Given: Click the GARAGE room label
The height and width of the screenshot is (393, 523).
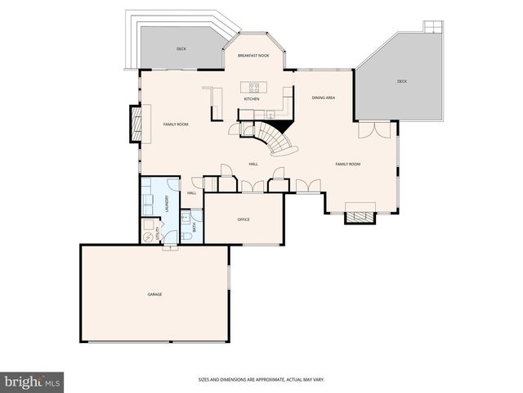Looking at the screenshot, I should [x=154, y=294].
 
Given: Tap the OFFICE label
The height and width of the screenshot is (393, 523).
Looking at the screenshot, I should [x=244, y=219].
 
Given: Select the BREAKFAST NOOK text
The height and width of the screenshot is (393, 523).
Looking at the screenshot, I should [x=253, y=56].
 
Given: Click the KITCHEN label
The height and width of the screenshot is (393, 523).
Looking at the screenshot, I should [x=252, y=99].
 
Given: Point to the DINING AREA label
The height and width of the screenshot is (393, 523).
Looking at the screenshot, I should [x=324, y=98].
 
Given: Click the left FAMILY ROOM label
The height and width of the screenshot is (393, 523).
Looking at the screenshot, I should [x=176, y=124].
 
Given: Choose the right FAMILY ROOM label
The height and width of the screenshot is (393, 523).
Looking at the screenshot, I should [x=348, y=165].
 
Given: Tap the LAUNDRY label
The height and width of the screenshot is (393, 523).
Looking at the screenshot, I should [x=168, y=203].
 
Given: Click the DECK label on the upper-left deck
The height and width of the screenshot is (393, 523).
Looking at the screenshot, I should [x=181, y=49].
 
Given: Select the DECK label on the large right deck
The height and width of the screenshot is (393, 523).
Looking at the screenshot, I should [x=402, y=81].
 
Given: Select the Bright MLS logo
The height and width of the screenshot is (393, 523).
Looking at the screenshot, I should [x=33, y=382].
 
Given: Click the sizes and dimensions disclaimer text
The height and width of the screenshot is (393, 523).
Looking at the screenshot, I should [x=261, y=380].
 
